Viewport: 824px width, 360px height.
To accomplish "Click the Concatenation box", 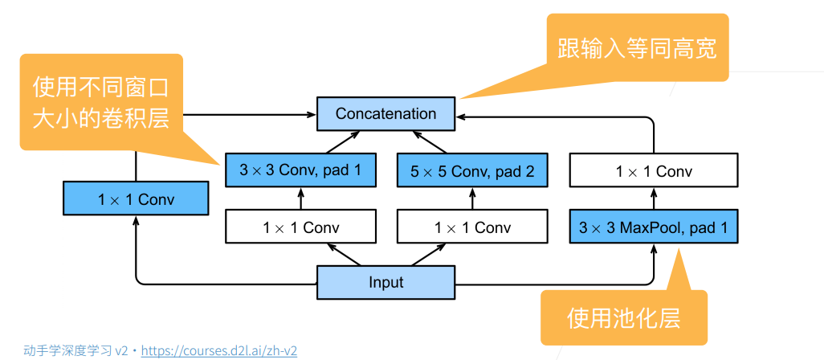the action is pyautogui.click(x=385, y=113).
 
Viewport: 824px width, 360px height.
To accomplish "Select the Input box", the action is pyautogui.click(x=385, y=282).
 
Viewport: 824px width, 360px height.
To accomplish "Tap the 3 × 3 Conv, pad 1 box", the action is pyautogui.click(x=300, y=170).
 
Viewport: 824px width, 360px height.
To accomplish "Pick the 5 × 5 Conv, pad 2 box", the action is pyautogui.click(x=472, y=170).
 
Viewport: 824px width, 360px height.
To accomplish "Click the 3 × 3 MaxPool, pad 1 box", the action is pyautogui.click(x=654, y=227).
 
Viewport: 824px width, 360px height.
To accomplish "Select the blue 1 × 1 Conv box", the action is pyautogui.click(x=136, y=198).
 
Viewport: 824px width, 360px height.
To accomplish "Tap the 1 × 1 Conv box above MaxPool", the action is pyautogui.click(x=654, y=170).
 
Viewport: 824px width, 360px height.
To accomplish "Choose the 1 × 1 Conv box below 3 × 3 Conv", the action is pyautogui.click(x=300, y=227).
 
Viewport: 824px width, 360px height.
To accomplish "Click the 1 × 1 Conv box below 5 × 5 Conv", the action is pyautogui.click(x=472, y=227).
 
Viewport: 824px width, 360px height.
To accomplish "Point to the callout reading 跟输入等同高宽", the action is pyautogui.click(x=637, y=48).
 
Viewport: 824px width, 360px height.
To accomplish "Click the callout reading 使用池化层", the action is pyautogui.click(x=624, y=317).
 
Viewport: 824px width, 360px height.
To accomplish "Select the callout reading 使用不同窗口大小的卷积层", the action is pyautogui.click(x=101, y=102).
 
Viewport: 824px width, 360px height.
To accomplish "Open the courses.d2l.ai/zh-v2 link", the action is pyautogui.click(x=219, y=350).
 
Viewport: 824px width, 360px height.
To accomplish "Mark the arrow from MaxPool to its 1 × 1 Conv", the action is pyautogui.click(x=655, y=198).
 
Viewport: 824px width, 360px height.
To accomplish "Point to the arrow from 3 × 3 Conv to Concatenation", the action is pyautogui.click(x=342, y=142).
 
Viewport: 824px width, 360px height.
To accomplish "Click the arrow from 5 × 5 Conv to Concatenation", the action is pyautogui.click(x=429, y=142).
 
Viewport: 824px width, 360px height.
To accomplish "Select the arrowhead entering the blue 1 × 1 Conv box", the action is pyautogui.click(x=136, y=219).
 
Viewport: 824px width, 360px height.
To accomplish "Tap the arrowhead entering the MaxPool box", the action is pyautogui.click(x=655, y=248).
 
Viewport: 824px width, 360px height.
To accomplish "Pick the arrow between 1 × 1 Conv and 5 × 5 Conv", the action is pyautogui.click(x=472, y=198).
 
